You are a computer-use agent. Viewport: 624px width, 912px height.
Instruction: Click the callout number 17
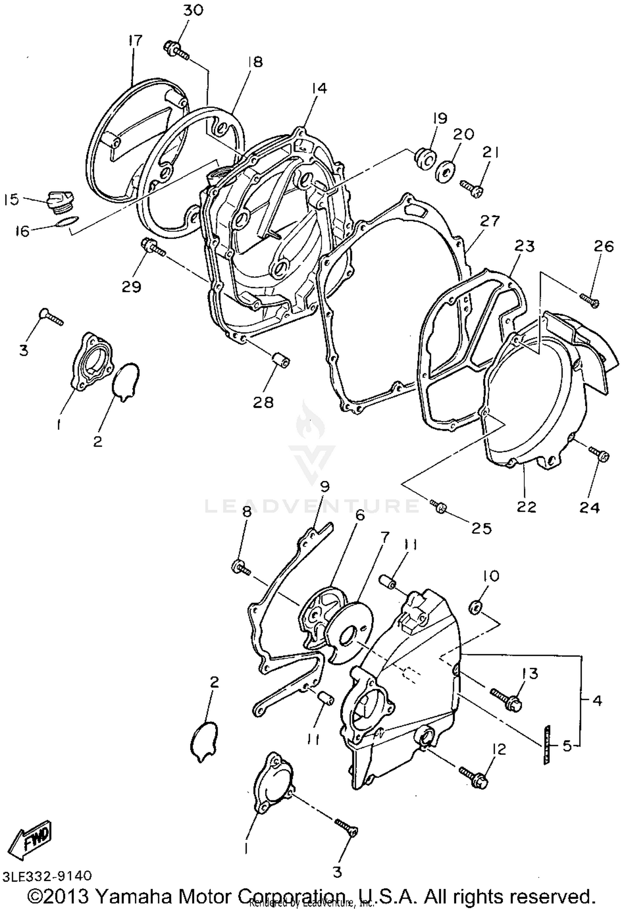pyautogui.click(x=135, y=41)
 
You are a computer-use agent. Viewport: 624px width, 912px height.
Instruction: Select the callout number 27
pyautogui.click(x=490, y=221)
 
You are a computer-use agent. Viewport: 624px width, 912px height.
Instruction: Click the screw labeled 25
pyautogui.click(x=438, y=506)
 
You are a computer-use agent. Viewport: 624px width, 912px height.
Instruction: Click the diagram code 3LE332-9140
pyautogui.click(x=47, y=876)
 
